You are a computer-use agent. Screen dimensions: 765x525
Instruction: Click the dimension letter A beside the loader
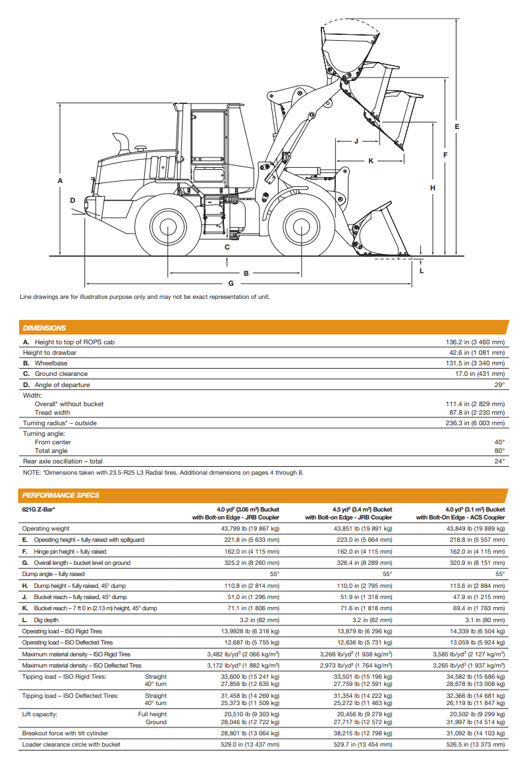(60, 180)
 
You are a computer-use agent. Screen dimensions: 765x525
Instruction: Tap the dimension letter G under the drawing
(231, 284)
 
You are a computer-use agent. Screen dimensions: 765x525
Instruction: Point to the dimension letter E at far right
(456, 126)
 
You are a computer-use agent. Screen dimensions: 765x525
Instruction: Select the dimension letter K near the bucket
(370, 161)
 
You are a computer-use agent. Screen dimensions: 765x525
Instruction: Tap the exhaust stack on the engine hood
(122, 144)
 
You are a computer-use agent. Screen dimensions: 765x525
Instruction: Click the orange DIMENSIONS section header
(44, 327)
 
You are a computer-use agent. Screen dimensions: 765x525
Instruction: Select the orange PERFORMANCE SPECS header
(61, 495)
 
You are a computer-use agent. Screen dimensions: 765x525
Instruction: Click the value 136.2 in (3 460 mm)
(475, 342)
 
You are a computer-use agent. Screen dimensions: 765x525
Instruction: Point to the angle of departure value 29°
(500, 385)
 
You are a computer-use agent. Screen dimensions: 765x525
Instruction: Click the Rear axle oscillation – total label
(63, 462)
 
